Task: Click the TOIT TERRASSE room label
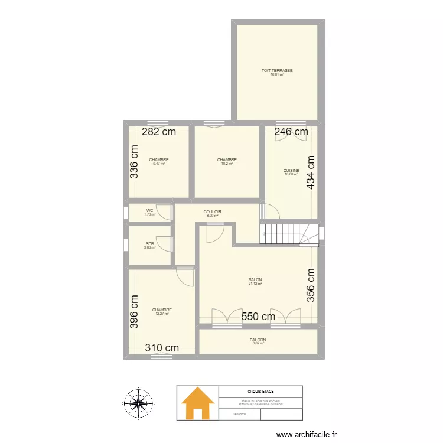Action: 277,70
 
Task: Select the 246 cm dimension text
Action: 291,132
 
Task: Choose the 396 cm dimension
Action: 135,312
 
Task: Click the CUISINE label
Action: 291,170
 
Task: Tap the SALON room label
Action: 255,281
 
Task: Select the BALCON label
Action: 258,340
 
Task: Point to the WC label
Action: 150,210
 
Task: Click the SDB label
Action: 150,243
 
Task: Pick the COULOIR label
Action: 213,211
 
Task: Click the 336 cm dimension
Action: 135,162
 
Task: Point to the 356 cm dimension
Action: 311,286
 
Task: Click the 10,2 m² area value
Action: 227,164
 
